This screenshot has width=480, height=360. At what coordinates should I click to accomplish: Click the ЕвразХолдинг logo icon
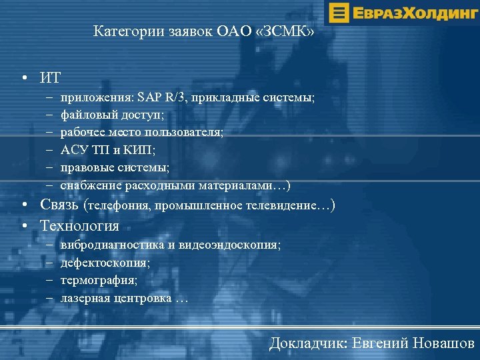pos(339,13)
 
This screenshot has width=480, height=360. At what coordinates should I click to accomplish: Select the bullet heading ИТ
pos(50,77)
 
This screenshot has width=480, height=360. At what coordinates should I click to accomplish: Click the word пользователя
pos(190,132)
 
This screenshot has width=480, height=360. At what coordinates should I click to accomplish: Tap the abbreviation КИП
pos(141,149)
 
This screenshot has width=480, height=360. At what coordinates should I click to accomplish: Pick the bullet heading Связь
pos(61,205)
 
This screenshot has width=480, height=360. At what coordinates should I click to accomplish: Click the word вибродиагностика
pos(112,245)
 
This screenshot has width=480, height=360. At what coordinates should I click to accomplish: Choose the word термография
pos(97,280)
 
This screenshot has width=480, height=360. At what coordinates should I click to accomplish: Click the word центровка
pos(144,297)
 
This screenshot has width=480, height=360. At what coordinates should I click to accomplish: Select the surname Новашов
pos(444,343)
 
